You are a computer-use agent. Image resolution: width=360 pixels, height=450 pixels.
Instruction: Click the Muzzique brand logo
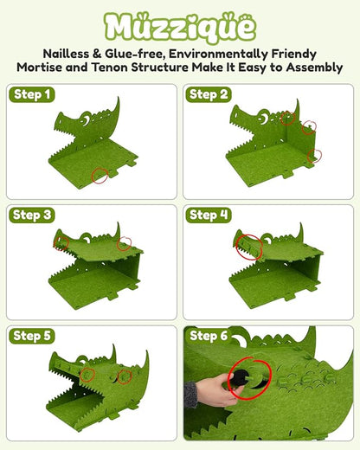point(180,26)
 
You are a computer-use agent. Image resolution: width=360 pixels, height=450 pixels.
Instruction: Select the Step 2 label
point(209,94)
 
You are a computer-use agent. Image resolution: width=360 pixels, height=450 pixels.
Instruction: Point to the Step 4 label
point(209,214)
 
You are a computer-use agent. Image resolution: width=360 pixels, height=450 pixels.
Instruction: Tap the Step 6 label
point(209,335)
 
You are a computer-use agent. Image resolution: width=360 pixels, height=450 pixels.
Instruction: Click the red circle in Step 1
point(102,176)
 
